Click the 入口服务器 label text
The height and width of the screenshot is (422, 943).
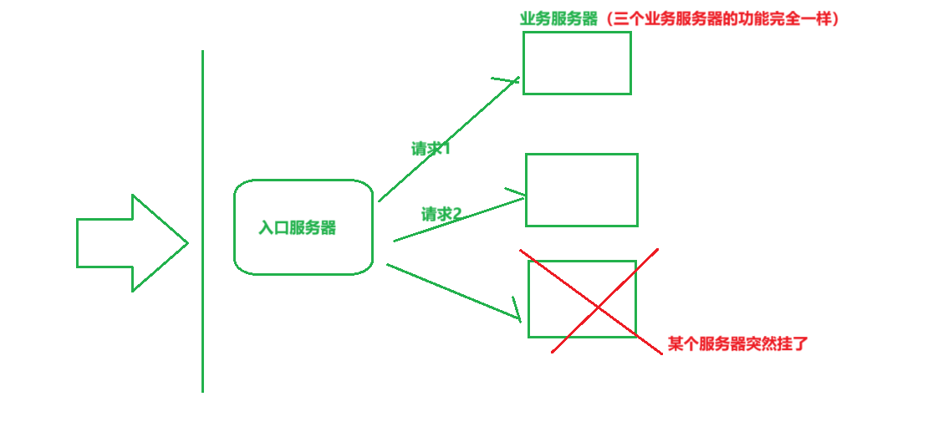298,228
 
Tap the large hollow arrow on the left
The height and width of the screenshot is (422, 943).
125,243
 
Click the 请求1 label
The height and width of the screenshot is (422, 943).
431,149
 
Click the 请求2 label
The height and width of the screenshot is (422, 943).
441,214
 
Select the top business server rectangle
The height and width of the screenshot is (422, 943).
577,63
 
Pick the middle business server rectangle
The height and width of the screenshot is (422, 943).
582,190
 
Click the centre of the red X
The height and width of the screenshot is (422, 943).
597,308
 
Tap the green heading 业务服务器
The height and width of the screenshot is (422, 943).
558,18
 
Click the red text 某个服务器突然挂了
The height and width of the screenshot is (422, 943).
738,343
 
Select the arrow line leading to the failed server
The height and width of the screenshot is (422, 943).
451,291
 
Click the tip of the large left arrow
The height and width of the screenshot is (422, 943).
186,243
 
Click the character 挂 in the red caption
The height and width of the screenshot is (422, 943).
783,343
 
